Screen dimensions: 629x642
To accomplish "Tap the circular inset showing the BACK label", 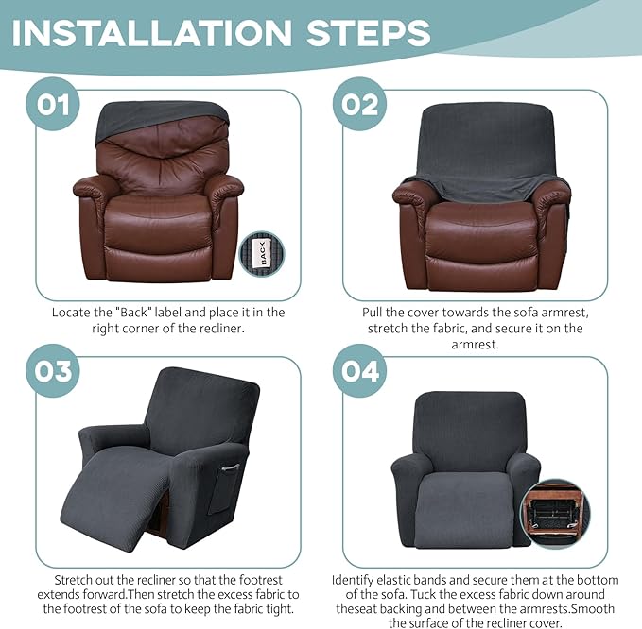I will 264,253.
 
